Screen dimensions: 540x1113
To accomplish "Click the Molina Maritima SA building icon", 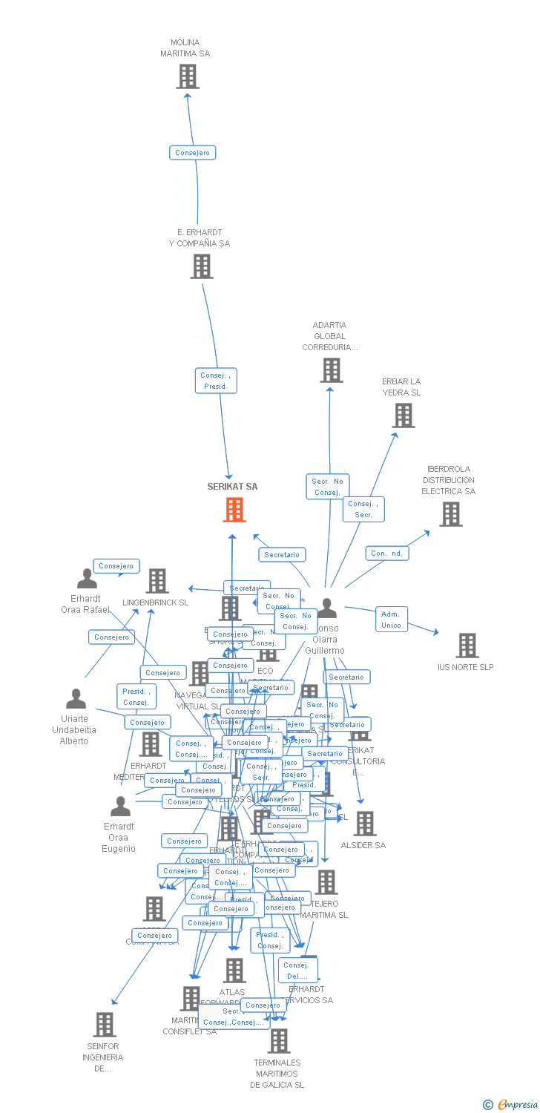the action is pos(188,76).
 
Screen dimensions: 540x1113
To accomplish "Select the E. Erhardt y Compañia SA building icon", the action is pos(202,266).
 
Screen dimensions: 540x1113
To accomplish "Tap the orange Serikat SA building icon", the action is pos(234,510).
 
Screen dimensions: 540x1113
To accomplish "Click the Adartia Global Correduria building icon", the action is pos(331,370).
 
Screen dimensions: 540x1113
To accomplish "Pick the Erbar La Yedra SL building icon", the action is pos(404,416).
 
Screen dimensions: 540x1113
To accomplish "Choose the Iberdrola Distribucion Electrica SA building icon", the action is pos(450,514).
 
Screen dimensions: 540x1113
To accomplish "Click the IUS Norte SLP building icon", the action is pos(467,646).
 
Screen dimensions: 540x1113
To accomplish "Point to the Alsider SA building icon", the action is pos(364,824).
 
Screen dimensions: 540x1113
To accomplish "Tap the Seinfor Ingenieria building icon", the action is pos(105,1025).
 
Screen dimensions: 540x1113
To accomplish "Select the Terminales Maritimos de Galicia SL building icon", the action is pos(279,1041).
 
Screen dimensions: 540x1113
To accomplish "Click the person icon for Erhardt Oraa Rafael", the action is pos(87,579).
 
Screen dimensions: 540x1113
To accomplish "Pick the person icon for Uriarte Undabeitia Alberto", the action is pos(76,699).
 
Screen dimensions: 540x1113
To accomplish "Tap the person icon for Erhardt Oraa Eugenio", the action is pos(120,807).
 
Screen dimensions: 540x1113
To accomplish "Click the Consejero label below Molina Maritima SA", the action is pos(192,153).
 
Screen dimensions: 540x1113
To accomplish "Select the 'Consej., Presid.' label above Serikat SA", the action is pos(216,381).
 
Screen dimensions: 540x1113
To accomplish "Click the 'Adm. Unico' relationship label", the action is pos(391,620).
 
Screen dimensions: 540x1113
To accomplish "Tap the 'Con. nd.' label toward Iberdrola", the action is pos(387,553).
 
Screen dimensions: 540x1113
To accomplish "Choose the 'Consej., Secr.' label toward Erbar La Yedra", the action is pos(363,509).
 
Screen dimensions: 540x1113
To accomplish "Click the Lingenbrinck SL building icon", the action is pos(157,581).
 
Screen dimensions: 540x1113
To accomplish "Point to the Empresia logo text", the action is pos(517,1105).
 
